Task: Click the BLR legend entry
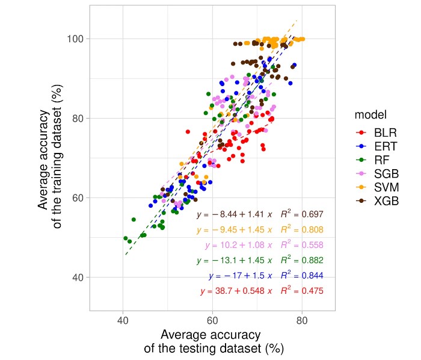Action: point(375,131)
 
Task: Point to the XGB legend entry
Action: point(375,201)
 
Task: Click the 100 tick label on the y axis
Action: point(74,39)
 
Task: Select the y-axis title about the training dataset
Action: point(51,158)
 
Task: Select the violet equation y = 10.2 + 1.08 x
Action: point(239,245)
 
